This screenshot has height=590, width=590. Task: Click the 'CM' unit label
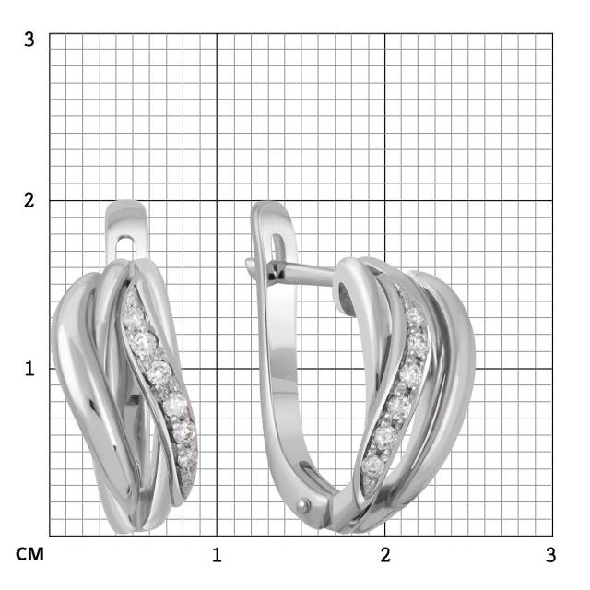click(x=29, y=554)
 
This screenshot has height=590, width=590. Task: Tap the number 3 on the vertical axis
click(x=29, y=40)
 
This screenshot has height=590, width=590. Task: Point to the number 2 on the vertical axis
click(x=29, y=200)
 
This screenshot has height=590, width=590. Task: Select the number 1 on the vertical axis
click(x=29, y=369)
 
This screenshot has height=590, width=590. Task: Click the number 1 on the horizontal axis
click(x=217, y=555)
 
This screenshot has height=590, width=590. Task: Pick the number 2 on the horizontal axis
click(x=385, y=555)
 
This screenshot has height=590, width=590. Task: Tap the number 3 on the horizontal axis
click(x=550, y=555)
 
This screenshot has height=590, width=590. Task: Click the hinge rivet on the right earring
click(x=303, y=505)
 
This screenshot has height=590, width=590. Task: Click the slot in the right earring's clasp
click(x=277, y=248)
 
